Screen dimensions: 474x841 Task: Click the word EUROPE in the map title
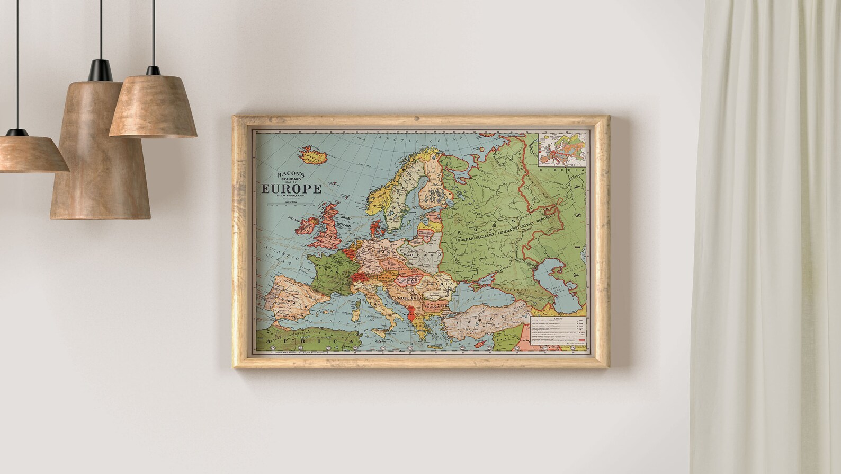tap(291, 189)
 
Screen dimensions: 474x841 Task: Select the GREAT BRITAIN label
tap(346, 221)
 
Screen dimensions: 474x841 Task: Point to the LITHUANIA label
tap(426, 232)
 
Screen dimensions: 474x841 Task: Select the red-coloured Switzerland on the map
tap(362, 277)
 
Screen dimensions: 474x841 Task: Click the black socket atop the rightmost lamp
tap(153, 71)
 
